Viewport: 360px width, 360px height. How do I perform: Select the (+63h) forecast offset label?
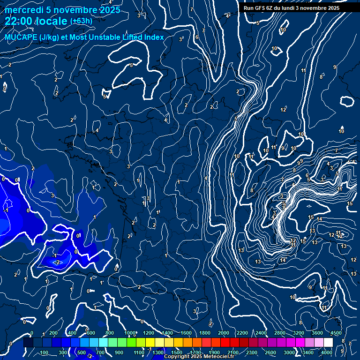(81, 21)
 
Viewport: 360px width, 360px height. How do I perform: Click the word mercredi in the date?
(24, 10)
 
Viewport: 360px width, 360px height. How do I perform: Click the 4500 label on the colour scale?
(336, 333)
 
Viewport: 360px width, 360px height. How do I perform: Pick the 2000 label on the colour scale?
(224, 333)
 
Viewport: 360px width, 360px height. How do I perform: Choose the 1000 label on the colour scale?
(130, 333)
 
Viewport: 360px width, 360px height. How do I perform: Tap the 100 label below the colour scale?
(45, 352)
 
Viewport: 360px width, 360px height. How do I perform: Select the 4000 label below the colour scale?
(327, 352)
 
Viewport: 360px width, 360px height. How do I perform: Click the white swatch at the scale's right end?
(328, 343)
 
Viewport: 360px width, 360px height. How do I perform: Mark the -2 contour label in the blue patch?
(57, 262)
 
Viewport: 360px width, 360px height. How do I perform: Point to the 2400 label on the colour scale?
(261, 333)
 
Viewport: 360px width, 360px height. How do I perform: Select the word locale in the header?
(51, 21)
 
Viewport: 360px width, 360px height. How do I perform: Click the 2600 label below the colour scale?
(270, 352)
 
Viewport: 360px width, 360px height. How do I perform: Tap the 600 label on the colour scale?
(91, 333)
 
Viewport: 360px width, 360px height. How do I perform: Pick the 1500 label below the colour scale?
(177, 352)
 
